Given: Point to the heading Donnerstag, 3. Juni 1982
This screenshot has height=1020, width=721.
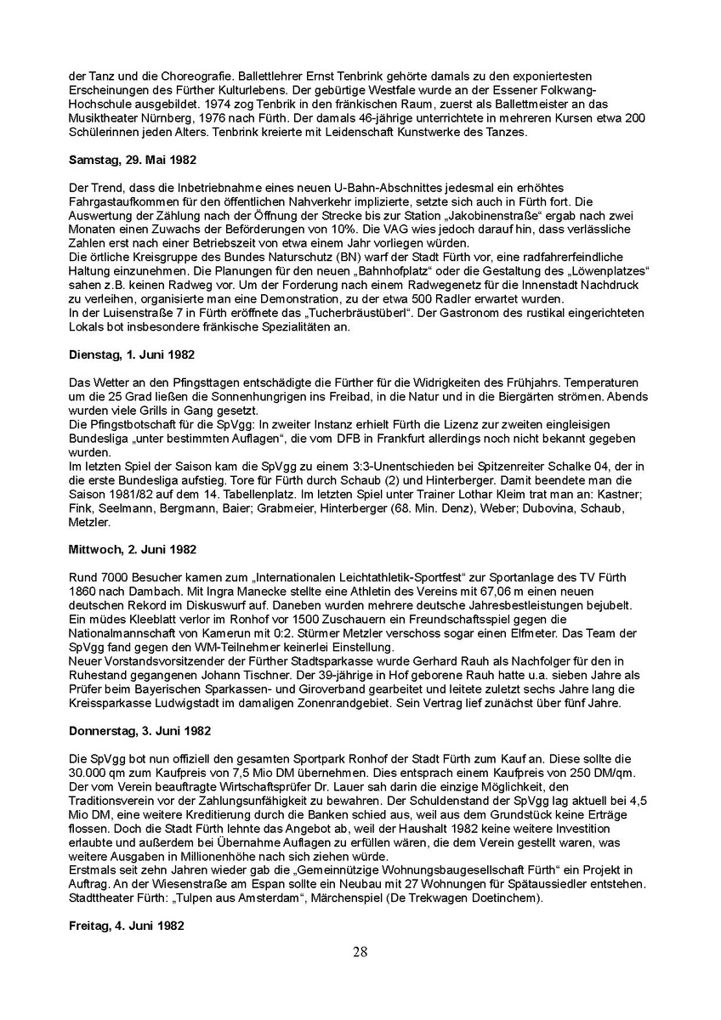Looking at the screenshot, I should click(x=133, y=730).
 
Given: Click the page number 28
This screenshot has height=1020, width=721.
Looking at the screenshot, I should click(x=360, y=952).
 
